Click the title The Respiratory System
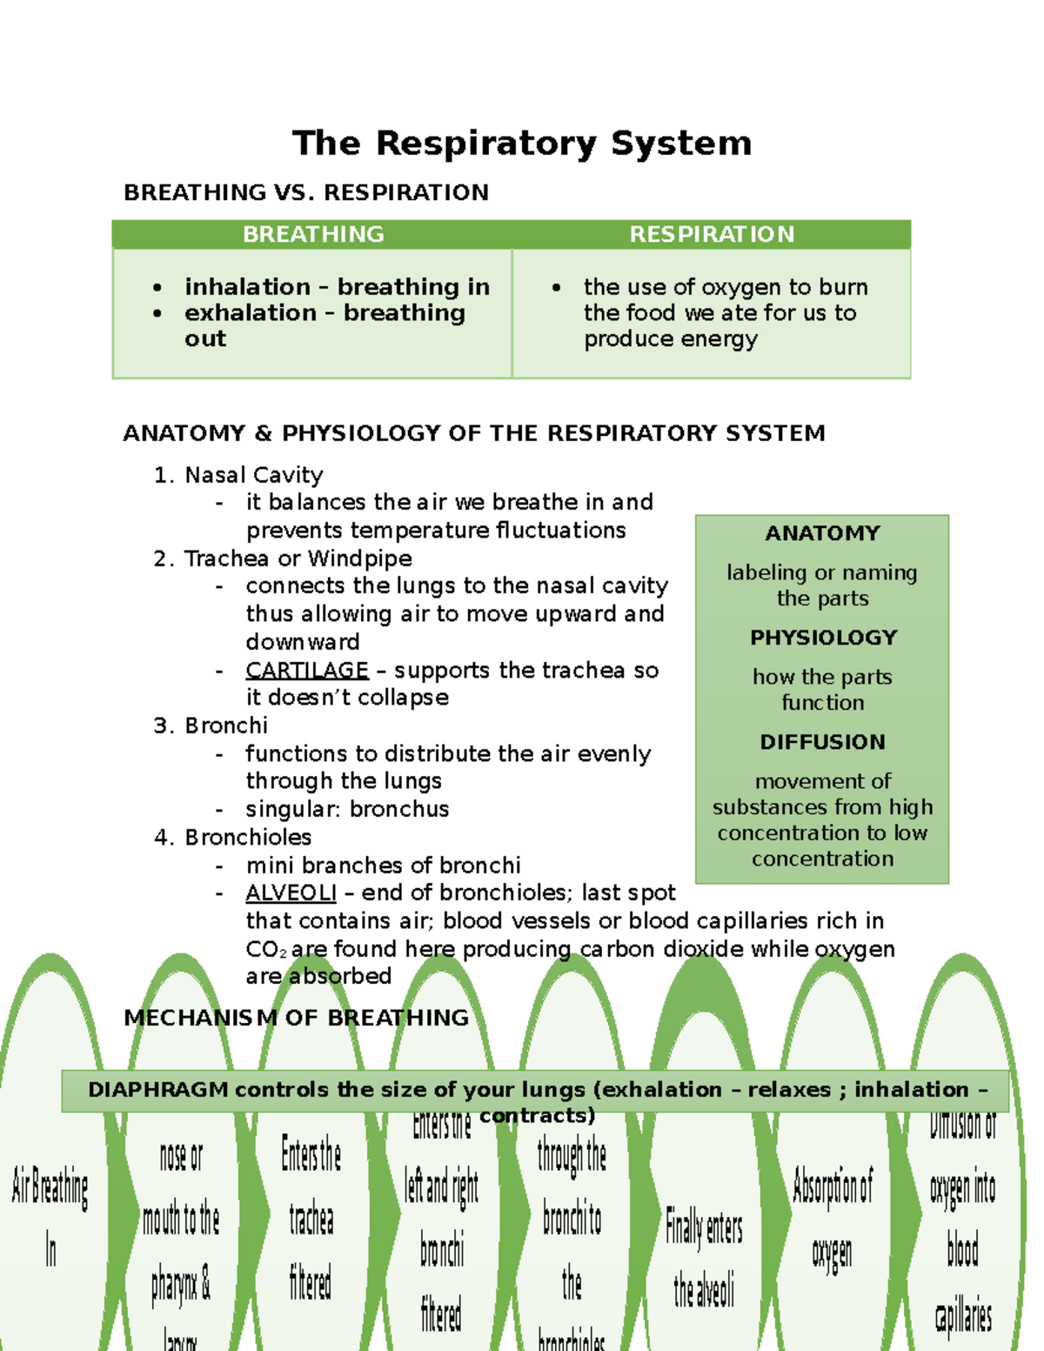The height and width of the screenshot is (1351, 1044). [522, 144]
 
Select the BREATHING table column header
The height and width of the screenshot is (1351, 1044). [313, 234]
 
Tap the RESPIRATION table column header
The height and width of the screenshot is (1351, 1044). [712, 234]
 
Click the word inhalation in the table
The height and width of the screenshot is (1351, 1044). [247, 287]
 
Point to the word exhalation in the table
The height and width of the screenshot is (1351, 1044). [251, 313]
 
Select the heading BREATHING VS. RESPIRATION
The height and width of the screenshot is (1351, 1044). [306, 192]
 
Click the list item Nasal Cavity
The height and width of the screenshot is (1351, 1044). [253, 475]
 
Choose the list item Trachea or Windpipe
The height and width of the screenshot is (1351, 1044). [298, 558]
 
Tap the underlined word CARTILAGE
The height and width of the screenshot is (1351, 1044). [307, 670]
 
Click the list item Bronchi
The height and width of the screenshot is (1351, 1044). [226, 726]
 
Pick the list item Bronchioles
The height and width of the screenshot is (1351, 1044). [248, 837]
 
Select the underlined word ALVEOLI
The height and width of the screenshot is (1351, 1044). [291, 893]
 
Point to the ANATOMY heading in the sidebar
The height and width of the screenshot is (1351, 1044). [822, 533]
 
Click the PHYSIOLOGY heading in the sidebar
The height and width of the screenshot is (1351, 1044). [823, 638]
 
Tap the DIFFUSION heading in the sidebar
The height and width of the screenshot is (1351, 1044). [822, 742]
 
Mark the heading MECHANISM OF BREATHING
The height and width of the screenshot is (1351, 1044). [296, 1018]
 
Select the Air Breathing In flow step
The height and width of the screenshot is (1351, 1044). [50, 1218]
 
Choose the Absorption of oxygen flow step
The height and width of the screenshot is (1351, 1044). [833, 1218]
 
